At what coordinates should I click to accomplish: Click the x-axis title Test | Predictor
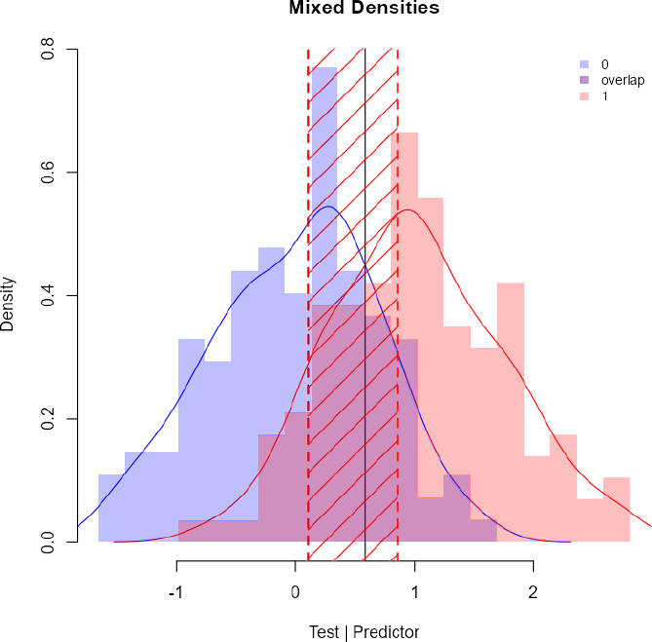coord(364,632)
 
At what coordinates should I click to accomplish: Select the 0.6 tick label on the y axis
coord(46,172)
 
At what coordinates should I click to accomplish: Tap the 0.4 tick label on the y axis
coord(46,295)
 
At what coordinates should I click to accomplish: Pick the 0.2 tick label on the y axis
coord(46,419)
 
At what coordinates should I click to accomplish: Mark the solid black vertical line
coord(364,292)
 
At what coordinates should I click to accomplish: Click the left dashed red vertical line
coord(308,292)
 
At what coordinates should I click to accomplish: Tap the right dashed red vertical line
coord(398,292)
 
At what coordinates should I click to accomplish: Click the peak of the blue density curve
coord(328,207)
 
